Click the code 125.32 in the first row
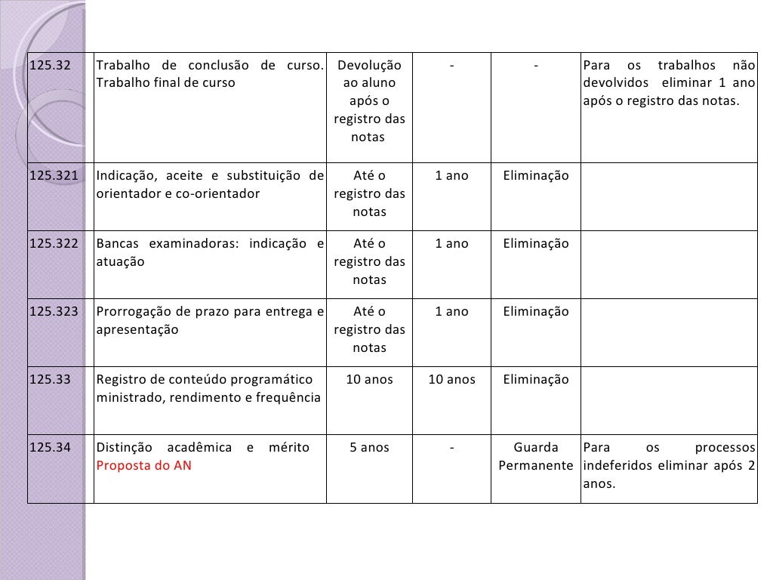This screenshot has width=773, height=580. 49,65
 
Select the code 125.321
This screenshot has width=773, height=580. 54,176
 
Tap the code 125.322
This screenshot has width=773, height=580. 54,244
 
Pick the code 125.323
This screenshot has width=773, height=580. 54,312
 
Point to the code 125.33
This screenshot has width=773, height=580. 49,380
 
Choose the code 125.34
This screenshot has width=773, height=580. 49,448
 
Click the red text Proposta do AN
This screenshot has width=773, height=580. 143,466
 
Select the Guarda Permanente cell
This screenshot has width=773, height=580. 535,457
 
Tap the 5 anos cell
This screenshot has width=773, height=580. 369,448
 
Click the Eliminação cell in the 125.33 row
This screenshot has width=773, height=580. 535,380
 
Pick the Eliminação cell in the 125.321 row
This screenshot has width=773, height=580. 535,176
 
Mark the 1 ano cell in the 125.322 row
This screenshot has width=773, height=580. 451,244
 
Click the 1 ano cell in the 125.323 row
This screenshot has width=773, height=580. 451,312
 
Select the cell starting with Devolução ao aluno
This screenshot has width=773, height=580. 369,101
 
